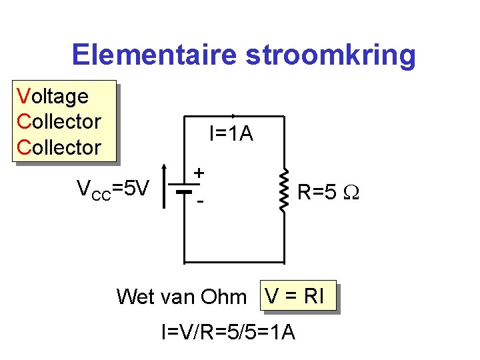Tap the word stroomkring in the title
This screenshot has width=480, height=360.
point(331,55)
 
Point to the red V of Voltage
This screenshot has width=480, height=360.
point(23,97)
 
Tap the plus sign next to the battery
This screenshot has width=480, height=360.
point(199,173)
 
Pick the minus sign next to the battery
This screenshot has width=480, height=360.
point(199,199)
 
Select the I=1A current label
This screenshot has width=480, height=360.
point(231,135)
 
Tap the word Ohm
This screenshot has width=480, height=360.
point(223,297)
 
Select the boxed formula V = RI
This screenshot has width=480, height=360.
point(295,295)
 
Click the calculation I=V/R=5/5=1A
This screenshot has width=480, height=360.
point(228,331)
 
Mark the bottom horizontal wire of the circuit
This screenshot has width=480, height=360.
point(233,261)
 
